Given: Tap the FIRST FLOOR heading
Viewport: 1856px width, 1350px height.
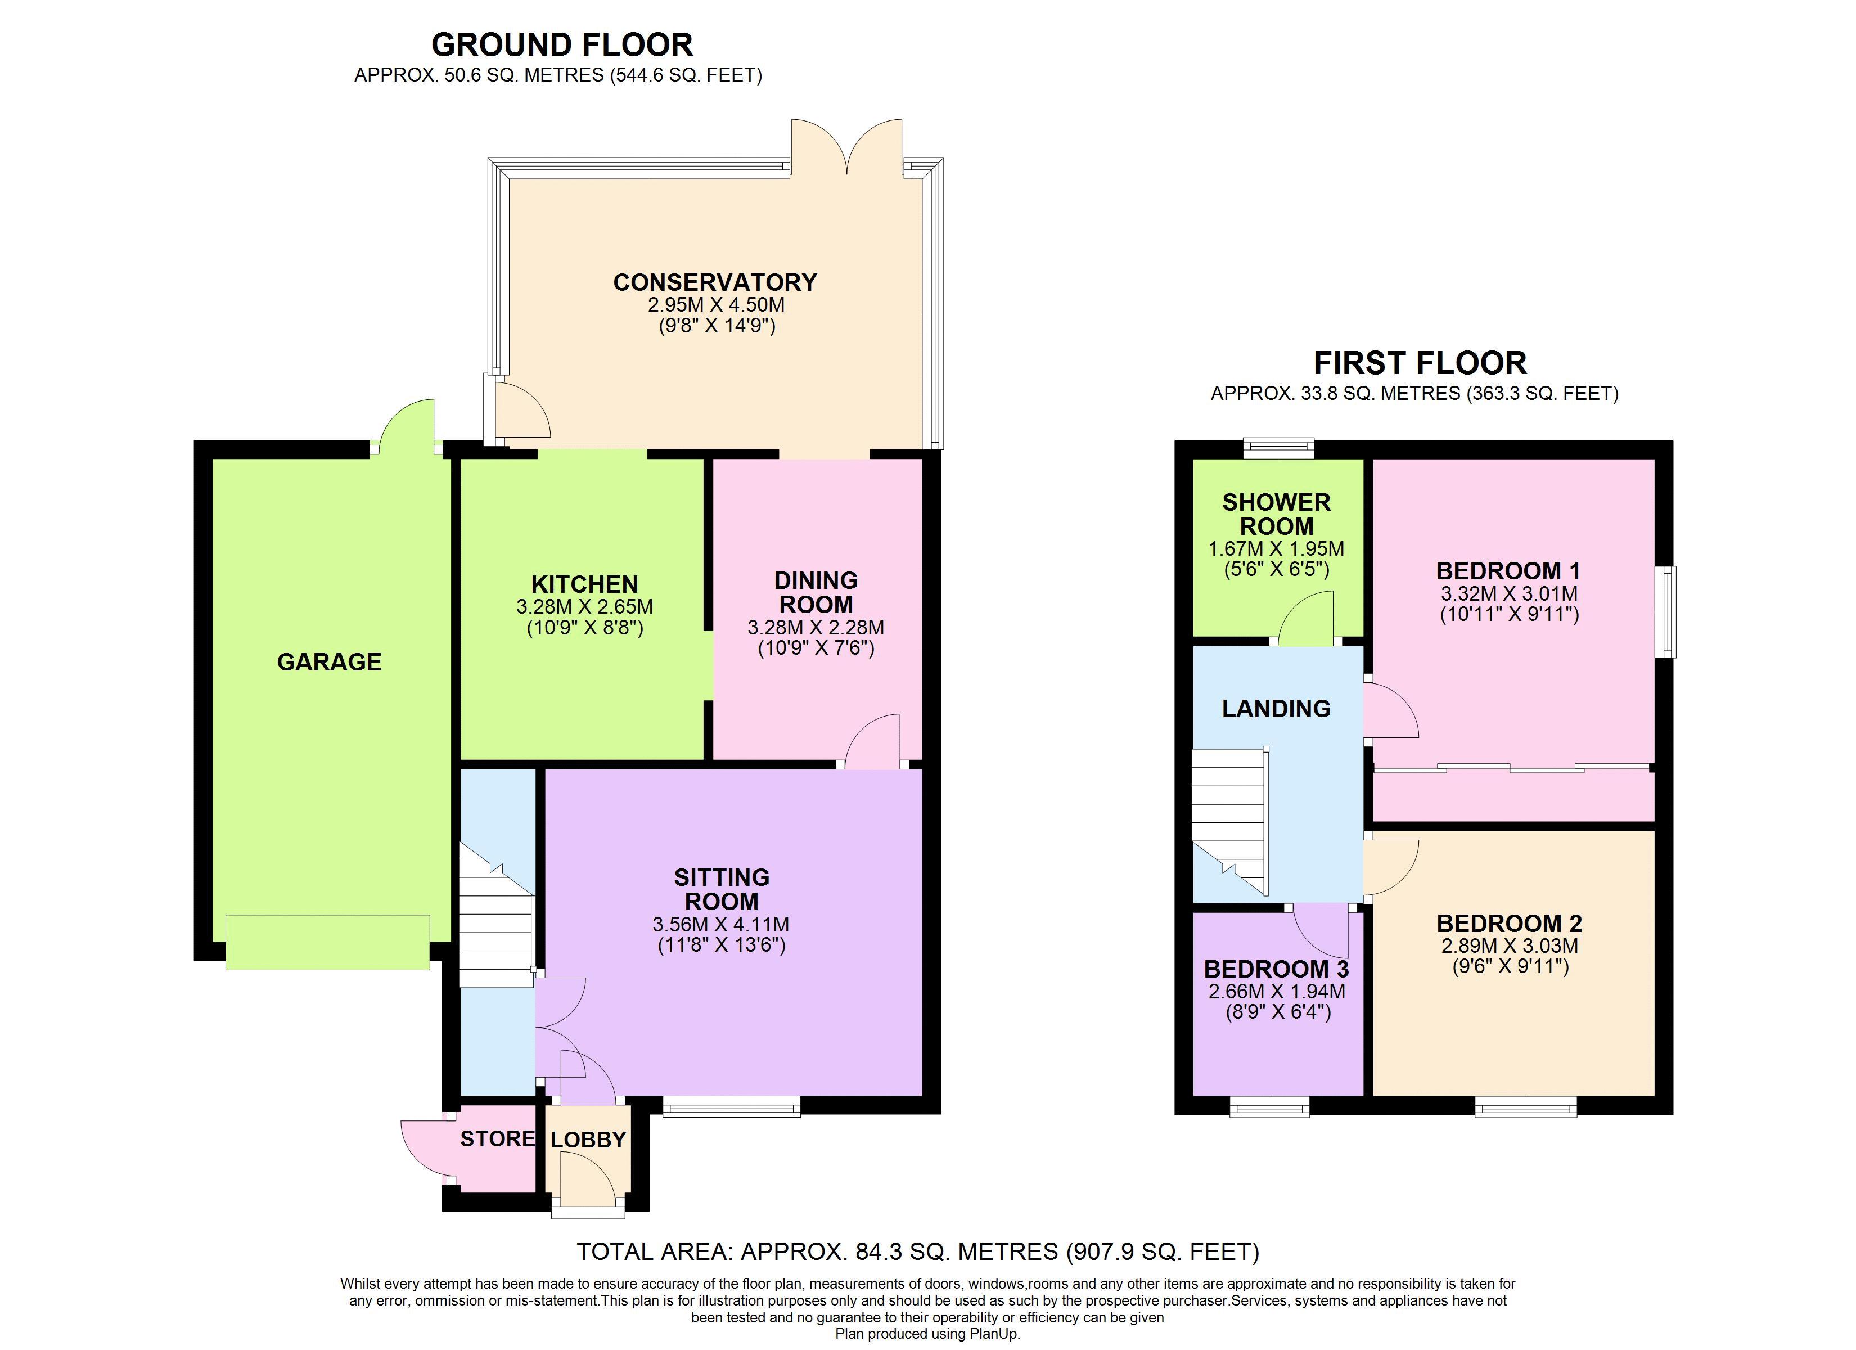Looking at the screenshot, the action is coord(1420,363).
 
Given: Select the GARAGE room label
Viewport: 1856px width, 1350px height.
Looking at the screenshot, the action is coord(329,661).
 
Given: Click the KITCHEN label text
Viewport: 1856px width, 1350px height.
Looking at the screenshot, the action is coord(584,584).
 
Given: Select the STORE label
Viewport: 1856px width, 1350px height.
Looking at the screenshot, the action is coord(497,1138).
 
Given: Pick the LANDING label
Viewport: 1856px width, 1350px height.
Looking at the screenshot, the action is coord(1276,709).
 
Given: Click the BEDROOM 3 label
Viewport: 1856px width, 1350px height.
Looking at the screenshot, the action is coord(1276,969).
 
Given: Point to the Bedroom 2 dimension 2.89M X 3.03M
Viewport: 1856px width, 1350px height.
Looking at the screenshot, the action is coord(1509,946).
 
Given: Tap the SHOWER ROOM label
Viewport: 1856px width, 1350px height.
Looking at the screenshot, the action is coord(1276,514).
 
